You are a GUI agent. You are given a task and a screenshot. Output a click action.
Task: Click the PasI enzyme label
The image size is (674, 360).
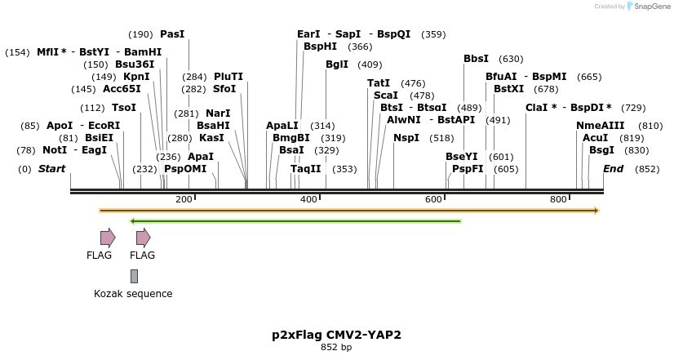click(172, 34)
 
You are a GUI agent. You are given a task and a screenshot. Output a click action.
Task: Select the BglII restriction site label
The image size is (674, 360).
click(336, 64)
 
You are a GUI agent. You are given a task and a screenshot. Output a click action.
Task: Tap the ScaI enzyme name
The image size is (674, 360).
click(385, 96)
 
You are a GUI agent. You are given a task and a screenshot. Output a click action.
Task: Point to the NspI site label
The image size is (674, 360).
click(406, 138)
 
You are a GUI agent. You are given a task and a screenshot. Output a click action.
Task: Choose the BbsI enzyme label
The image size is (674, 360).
click(476, 59)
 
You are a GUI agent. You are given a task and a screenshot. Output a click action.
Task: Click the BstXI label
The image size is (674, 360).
click(508, 89)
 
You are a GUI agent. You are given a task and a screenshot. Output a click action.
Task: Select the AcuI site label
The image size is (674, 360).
click(595, 138)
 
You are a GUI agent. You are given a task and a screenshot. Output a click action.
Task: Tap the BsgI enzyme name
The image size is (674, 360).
click(601, 150)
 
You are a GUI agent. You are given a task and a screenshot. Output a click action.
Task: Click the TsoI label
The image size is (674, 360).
click(124, 108)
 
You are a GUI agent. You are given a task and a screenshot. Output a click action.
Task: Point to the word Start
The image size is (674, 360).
click(51, 169)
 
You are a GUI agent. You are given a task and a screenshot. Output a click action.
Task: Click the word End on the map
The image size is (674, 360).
click(613, 169)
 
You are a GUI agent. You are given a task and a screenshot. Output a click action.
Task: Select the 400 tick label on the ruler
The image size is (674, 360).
click(308, 200)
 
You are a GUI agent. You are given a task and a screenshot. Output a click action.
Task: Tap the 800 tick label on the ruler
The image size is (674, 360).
click(558, 200)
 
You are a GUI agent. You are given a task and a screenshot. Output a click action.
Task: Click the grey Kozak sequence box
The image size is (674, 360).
click(134, 277)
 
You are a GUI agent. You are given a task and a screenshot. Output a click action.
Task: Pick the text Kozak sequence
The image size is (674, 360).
click(133, 294)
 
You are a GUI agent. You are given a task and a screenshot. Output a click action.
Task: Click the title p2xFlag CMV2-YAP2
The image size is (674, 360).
click(336, 335)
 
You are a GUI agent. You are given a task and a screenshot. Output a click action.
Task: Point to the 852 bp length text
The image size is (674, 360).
click(336, 348)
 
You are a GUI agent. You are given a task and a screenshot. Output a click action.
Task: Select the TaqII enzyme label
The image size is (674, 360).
click(306, 169)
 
